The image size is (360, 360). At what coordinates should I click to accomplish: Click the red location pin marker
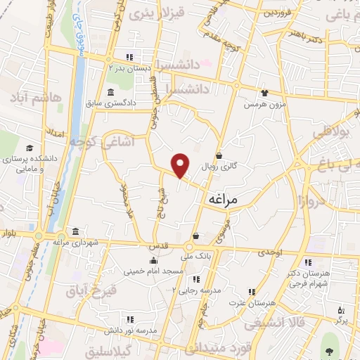pyautogui.click(x=181, y=165)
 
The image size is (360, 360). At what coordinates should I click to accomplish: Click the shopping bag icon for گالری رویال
pyautogui.click(x=219, y=156)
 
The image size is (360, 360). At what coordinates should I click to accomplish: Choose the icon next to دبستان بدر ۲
pyautogui.click(x=129, y=58)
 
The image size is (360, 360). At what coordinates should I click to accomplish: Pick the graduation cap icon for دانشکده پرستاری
pyautogui.click(x=30, y=148)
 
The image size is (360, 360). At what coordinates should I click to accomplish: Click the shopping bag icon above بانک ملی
pyautogui.click(x=195, y=236)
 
